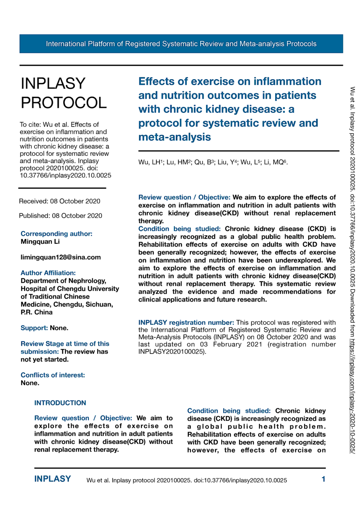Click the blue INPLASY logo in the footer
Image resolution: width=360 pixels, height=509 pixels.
(x=52, y=479)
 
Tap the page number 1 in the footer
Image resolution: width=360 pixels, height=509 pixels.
(x=323, y=479)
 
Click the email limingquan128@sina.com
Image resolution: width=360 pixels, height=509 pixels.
(x=61, y=257)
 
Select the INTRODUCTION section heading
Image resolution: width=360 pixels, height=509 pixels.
(x=60, y=403)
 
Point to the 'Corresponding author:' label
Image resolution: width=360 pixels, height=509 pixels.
(x=56, y=234)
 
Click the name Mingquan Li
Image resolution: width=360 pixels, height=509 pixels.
(x=40, y=242)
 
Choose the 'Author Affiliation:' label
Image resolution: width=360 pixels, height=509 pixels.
(x=48, y=273)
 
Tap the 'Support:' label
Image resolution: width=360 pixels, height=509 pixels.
(x=34, y=328)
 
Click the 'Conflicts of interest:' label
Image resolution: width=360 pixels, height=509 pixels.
(x=53, y=375)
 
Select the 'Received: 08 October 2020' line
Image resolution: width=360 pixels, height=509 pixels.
(x=59, y=201)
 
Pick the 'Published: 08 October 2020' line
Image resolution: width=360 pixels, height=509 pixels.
(x=60, y=216)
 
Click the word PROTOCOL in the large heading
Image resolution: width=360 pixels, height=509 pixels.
(x=64, y=103)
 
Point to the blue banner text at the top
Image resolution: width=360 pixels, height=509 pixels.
(x=181, y=44)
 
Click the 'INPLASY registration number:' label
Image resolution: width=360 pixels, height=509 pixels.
(x=186, y=322)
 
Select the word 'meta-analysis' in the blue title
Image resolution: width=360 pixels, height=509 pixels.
(x=174, y=137)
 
